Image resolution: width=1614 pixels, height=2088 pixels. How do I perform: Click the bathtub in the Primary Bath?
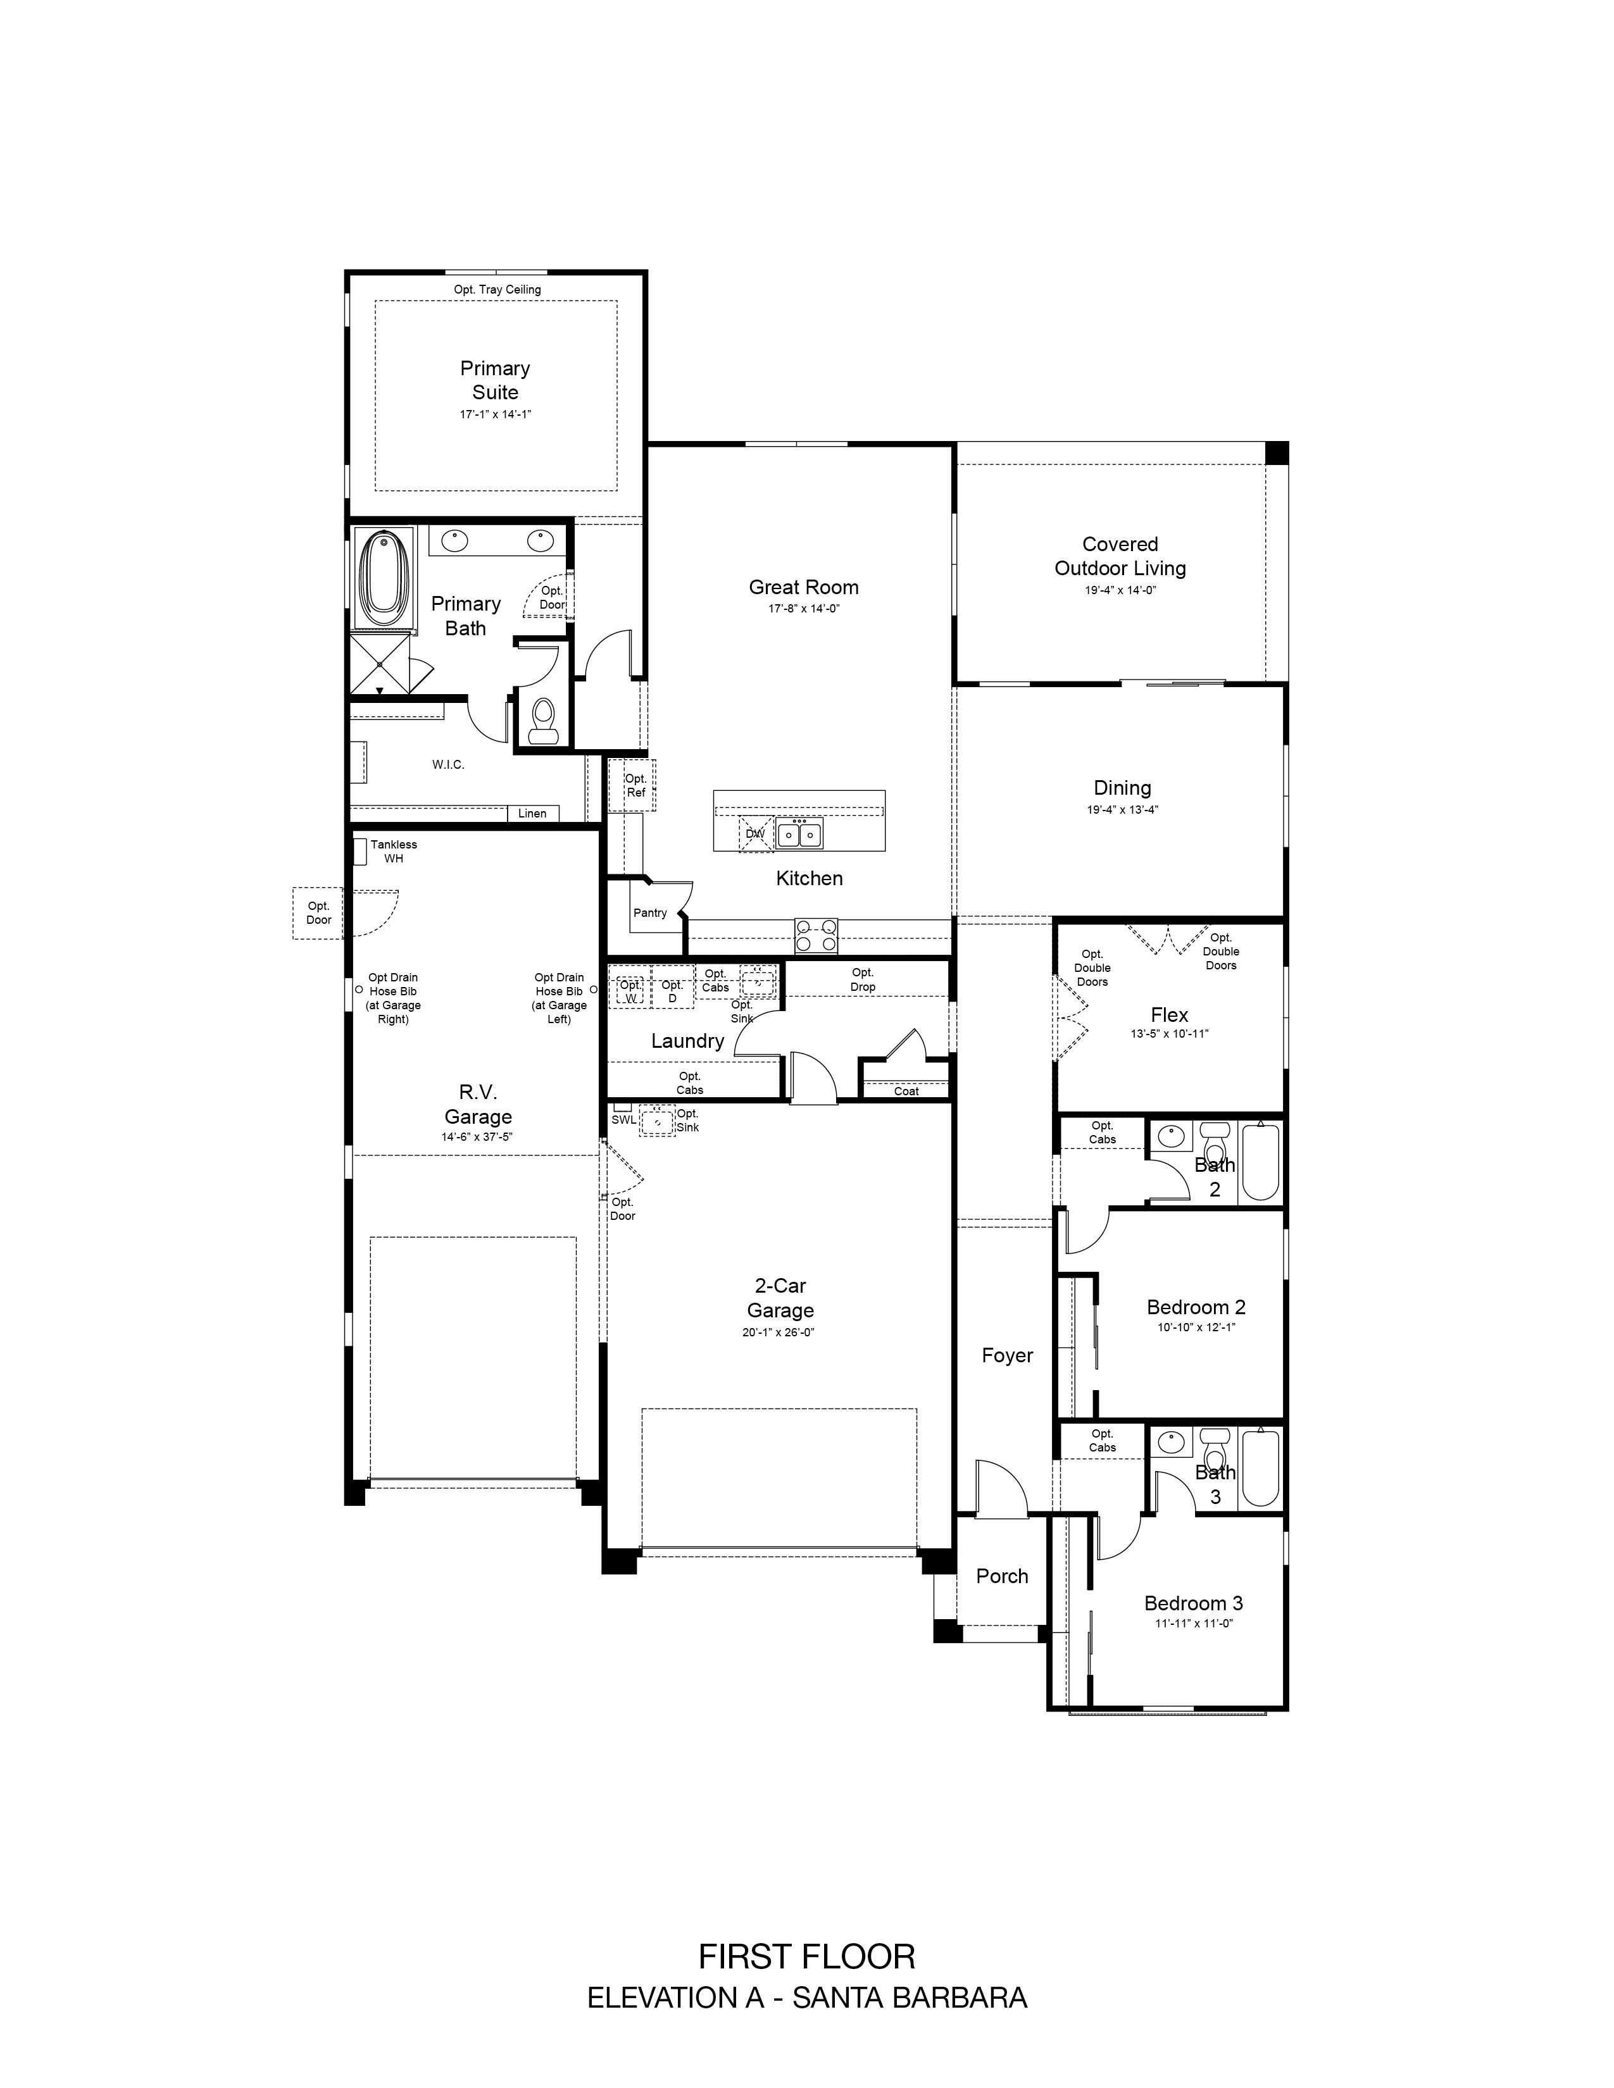[x=384, y=578]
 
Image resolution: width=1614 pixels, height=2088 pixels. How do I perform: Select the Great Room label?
[x=803, y=587]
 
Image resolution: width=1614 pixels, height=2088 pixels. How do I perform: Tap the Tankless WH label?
[x=394, y=851]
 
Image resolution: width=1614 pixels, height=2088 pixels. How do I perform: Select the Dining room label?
[x=1122, y=788]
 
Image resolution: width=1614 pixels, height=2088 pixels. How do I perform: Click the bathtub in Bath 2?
[x=1260, y=1162]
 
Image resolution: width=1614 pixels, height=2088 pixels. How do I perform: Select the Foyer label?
[x=1007, y=1356]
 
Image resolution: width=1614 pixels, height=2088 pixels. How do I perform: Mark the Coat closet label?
[x=906, y=1091]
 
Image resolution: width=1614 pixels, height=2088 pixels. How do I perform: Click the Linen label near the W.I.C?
[x=532, y=814]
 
